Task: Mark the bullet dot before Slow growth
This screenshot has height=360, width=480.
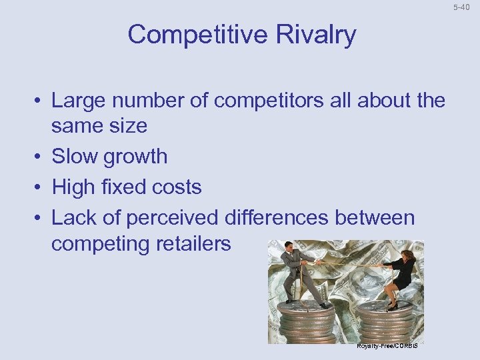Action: click(x=41, y=157)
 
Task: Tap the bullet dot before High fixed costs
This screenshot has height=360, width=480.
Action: click(x=41, y=188)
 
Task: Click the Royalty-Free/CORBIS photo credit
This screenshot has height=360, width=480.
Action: click(x=386, y=346)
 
